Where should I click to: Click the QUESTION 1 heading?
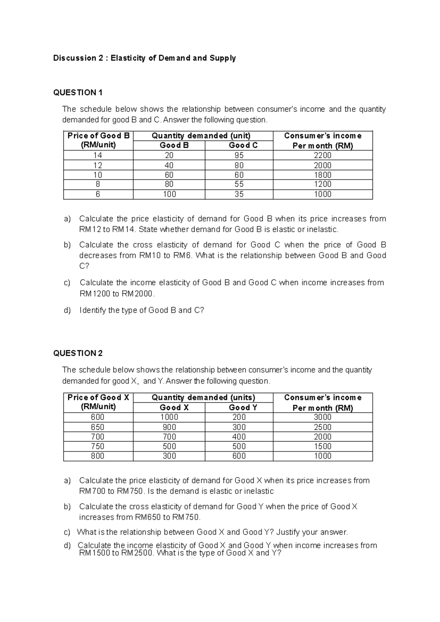tap(78, 92)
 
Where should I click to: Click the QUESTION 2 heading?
tap(78, 353)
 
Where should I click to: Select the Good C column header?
tap(243, 145)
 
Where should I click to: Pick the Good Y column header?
tap(243, 407)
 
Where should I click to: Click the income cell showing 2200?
tap(322, 155)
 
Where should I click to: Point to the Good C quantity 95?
tap(239, 155)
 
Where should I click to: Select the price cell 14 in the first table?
tap(98, 155)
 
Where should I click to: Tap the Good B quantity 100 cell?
tap(169, 194)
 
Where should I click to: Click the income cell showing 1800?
tap(322, 175)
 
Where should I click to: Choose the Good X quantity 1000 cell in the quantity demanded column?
tap(169, 417)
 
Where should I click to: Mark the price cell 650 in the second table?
tap(98, 427)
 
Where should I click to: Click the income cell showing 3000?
tap(322, 417)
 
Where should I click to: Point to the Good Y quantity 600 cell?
tap(239, 456)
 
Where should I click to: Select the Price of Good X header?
tap(98, 398)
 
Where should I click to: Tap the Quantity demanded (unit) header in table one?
tap(201, 136)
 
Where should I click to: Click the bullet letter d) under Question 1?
tap(67, 310)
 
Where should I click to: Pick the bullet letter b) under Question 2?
tap(67, 506)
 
